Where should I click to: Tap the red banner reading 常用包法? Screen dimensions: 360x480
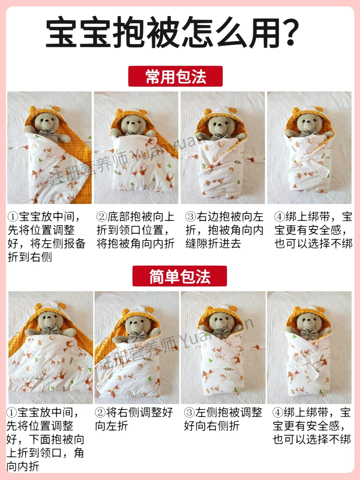(175, 76)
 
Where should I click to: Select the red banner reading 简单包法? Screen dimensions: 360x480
(180, 276)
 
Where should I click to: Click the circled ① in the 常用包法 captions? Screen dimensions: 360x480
(13, 217)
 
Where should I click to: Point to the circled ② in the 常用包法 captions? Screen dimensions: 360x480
(102, 217)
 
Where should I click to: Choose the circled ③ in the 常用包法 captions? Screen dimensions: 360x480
(191, 217)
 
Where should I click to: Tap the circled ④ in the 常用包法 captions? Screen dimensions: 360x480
(280, 217)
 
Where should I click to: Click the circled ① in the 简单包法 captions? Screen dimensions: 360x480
(12, 412)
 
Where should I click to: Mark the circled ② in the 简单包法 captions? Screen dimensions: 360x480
(100, 412)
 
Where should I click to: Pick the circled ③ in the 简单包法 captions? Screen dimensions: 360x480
(189, 412)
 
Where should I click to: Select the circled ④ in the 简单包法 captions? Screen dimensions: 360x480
(278, 412)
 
